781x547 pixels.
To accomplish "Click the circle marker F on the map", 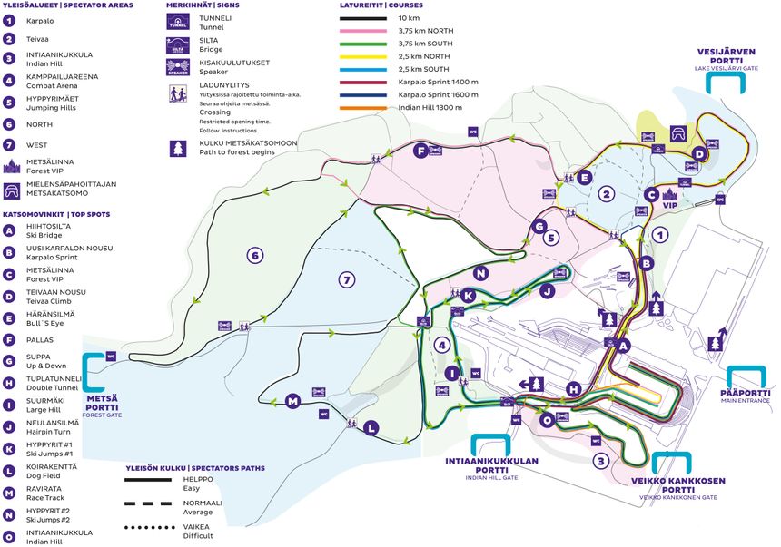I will [420, 151].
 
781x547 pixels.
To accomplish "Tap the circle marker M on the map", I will [292, 401].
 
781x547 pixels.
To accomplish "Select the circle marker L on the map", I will [371, 427].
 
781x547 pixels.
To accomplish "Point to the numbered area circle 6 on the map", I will [255, 256].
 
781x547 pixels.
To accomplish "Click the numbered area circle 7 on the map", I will [345, 280].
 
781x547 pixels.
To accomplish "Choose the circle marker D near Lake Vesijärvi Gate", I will [698, 154].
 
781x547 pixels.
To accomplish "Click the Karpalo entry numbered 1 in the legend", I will [40, 19].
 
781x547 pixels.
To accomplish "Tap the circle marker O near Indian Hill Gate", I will [547, 420].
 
